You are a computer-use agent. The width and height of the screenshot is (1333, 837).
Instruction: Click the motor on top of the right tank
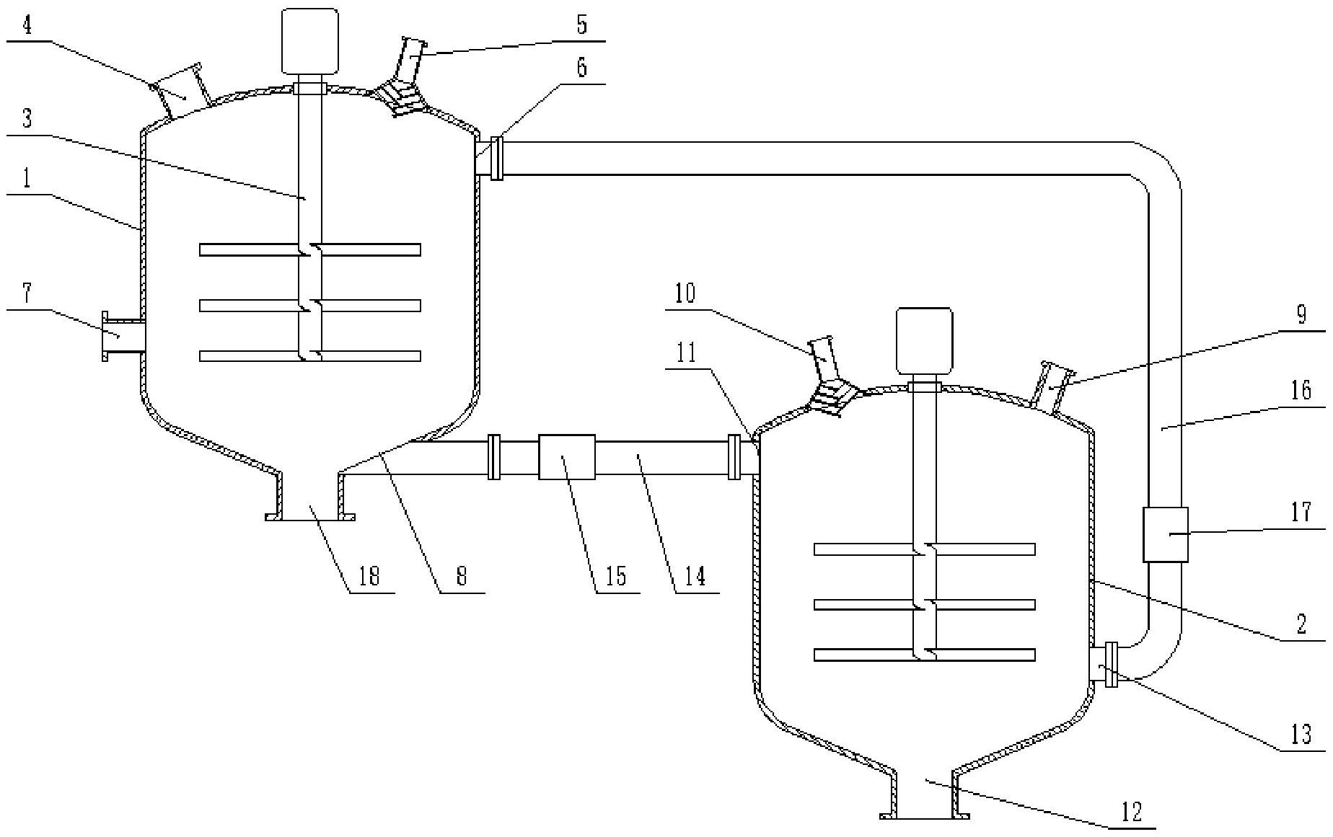coord(924,340)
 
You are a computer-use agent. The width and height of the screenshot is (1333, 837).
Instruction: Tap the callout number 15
coord(616,576)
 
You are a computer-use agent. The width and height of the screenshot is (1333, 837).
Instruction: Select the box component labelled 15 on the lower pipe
coord(567,456)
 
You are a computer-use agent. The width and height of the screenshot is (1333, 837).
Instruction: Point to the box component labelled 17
coord(1165,533)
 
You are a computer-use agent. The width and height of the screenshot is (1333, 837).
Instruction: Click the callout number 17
coord(1301,513)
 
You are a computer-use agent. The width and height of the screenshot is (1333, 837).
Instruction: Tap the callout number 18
coord(369,576)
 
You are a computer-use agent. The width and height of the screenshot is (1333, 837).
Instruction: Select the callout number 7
coord(27,293)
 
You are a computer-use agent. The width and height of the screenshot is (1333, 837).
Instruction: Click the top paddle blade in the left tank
coord(310,249)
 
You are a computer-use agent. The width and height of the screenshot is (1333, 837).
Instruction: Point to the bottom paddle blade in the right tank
coord(924,655)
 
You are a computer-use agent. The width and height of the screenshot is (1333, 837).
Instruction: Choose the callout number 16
coord(1301,391)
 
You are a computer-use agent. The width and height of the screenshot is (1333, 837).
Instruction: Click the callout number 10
coord(685,293)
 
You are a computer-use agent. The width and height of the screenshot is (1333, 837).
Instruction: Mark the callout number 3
coord(27,118)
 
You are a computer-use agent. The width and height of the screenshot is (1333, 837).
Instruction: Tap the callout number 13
coord(1301,735)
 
